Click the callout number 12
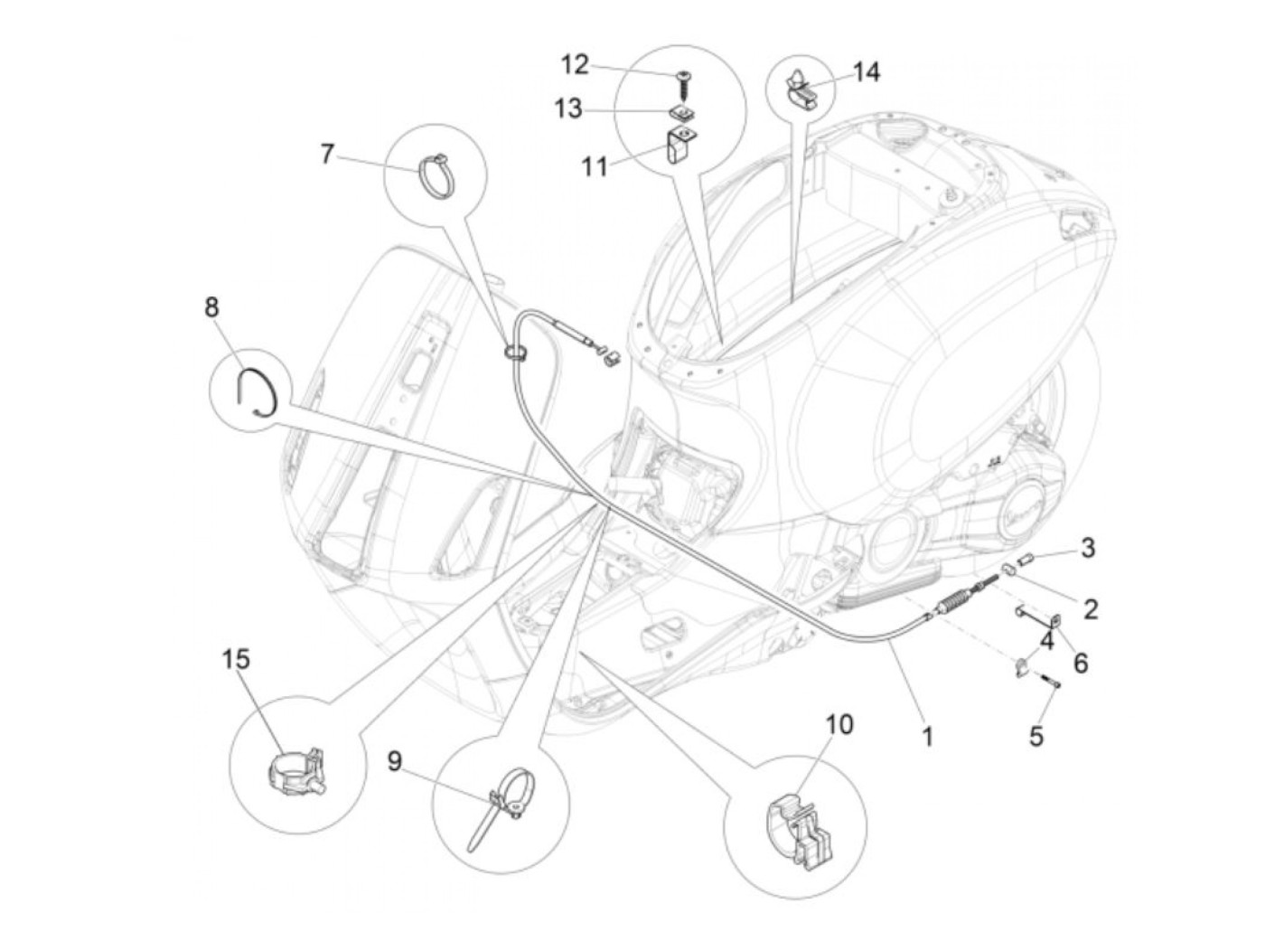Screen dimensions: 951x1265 click(x=575, y=65)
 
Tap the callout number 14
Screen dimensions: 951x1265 click(x=865, y=71)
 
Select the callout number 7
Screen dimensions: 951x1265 click(x=327, y=154)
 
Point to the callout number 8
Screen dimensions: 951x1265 click(x=211, y=307)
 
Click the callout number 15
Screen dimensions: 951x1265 click(x=236, y=659)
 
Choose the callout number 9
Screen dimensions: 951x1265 click(x=395, y=761)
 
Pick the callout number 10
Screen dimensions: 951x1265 click(x=839, y=724)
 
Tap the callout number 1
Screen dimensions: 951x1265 click(x=926, y=737)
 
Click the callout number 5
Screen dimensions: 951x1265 click(x=1036, y=736)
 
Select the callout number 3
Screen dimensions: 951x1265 click(x=1088, y=548)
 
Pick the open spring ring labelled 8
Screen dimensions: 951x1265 click(x=257, y=391)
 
